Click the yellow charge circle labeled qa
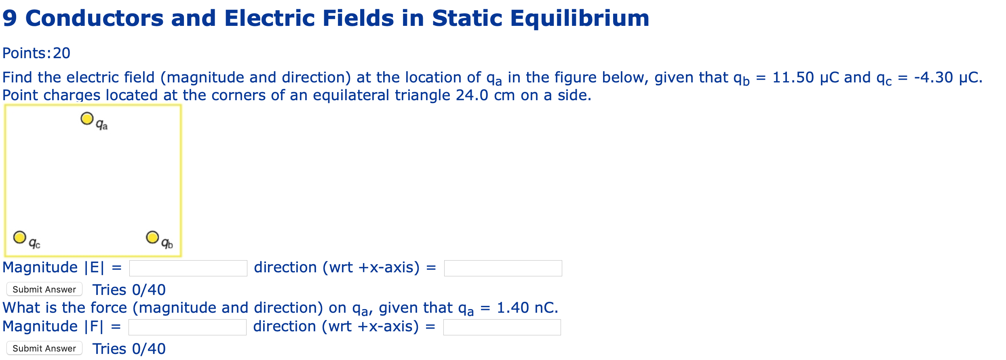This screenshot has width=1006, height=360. click(x=87, y=118)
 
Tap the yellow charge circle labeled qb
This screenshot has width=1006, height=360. click(x=152, y=237)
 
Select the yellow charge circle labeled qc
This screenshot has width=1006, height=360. click(x=19, y=237)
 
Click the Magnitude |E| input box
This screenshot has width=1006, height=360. click(x=188, y=268)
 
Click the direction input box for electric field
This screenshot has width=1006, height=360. click(x=503, y=268)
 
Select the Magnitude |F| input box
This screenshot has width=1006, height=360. click(x=187, y=327)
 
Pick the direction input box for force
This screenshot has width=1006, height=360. click(x=502, y=327)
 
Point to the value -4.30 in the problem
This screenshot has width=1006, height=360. click(x=933, y=77)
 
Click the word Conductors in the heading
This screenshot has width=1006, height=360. click(x=94, y=19)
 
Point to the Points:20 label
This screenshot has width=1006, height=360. click(x=36, y=53)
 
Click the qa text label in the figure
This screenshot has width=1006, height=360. click(x=102, y=125)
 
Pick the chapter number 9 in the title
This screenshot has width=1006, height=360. click(x=9, y=19)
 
